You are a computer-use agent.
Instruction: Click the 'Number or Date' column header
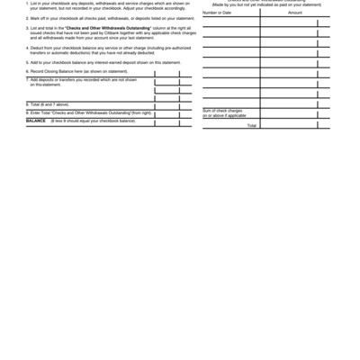pyautogui.click(x=217, y=13)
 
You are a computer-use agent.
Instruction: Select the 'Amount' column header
pyautogui.click(x=295, y=13)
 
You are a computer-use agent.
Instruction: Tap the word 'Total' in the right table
pyautogui.click(x=251, y=125)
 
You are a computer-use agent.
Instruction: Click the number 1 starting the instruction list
pyautogui.click(x=27, y=4)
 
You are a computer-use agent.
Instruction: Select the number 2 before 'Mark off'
pyautogui.click(x=27, y=17)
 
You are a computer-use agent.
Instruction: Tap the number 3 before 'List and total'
pyautogui.click(x=27, y=28)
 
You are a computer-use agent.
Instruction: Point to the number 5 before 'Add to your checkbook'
pyautogui.click(x=27, y=62)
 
